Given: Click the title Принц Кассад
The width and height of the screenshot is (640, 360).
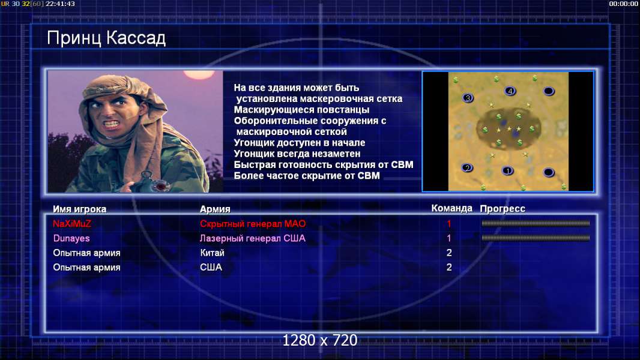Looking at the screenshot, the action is (x=106, y=38).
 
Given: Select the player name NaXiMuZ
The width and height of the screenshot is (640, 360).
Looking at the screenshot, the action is (x=72, y=223).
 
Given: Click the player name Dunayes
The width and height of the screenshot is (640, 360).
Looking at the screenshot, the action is (x=71, y=238).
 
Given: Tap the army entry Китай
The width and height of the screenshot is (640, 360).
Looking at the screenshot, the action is (x=213, y=253).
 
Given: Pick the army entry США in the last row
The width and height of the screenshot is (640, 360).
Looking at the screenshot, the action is (x=211, y=268).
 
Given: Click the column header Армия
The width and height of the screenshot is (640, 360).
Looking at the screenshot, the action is (x=215, y=209).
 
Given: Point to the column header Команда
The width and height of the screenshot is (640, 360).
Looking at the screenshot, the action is (x=452, y=208).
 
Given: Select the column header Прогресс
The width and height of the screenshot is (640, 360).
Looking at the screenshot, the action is (x=503, y=209).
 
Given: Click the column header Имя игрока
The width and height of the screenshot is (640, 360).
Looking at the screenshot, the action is (x=80, y=209).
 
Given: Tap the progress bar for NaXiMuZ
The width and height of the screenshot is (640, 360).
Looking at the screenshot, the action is (x=536, y=223).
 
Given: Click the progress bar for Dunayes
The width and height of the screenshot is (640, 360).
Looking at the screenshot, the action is (x=536, y=238).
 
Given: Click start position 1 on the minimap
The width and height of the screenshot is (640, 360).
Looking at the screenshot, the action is (x=507, y=171).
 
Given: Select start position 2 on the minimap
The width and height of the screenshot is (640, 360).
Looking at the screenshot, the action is (x=467, y=167).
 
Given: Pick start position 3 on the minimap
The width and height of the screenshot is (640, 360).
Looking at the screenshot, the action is (x=468, y=98).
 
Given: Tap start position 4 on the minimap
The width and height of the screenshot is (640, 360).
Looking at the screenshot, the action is (x=510, y=91).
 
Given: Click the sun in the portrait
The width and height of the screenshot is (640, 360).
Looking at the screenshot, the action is (x=199, y=74).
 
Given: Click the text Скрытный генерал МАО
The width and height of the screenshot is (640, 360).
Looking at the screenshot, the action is (x=253, y=223).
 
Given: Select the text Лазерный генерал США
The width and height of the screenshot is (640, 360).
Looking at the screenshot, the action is (x=252, y=238).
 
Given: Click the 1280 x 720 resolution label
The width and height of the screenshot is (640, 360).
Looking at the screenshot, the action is (x=320, y=340).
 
